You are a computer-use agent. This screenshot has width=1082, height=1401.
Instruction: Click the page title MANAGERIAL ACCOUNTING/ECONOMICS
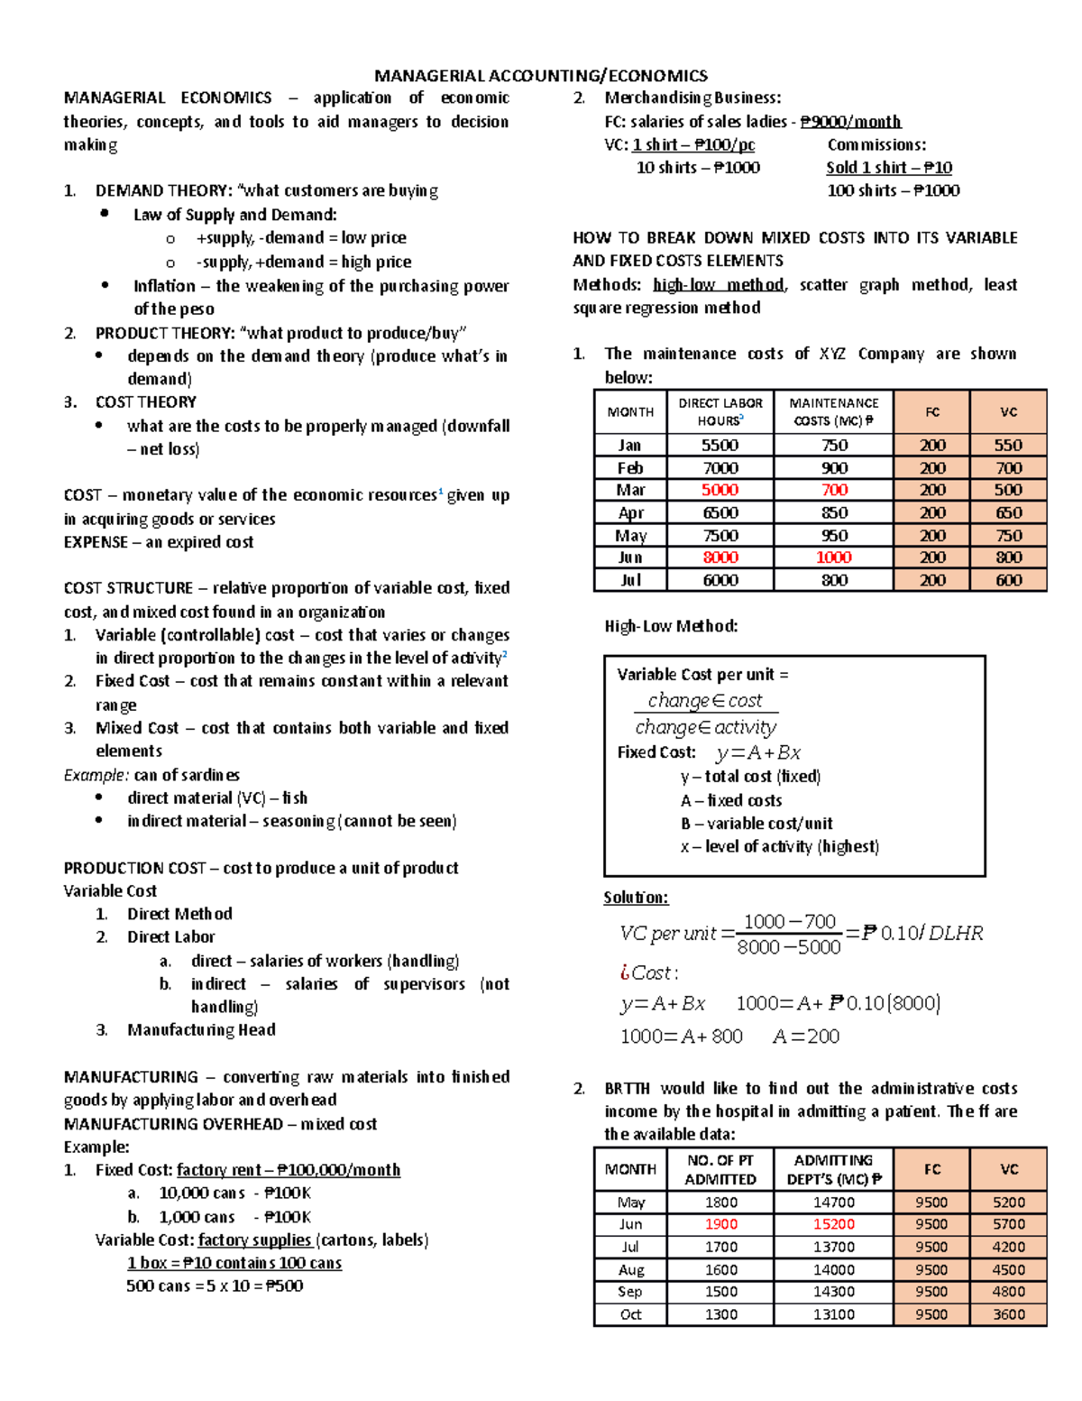541,76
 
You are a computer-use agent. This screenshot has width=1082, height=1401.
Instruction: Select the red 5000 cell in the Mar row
720,490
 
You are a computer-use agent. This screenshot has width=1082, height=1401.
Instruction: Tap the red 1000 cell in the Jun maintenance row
833,558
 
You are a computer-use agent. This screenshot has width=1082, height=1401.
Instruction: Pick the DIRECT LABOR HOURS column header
720,411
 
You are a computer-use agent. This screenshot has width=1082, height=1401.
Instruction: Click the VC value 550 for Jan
1008,445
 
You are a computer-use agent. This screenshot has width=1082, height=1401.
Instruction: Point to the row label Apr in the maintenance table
630,512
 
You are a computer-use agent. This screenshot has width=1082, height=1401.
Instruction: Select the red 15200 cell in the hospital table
833,1224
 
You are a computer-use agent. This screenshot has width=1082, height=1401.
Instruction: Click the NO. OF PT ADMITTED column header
720,1169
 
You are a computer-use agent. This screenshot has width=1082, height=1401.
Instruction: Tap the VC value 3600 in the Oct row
1008,1314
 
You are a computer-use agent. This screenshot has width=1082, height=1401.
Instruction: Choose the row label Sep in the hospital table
630,1292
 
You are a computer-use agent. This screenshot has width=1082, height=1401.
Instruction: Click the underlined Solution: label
636,898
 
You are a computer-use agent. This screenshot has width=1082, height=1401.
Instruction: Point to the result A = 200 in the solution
806,1037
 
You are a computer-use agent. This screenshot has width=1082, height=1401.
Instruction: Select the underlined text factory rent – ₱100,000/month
289,1170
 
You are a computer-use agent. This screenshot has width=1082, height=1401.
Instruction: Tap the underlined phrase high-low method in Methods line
719,285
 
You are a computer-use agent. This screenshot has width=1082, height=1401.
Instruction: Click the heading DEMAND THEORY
163,190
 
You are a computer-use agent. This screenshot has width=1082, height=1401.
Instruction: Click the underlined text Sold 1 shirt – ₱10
889,168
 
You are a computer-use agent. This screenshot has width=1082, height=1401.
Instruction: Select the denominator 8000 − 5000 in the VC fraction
788,946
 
